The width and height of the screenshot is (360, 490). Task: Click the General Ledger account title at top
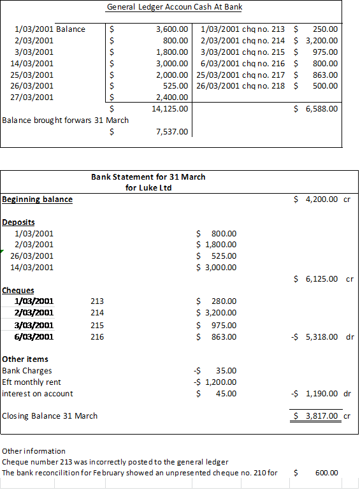(174, 7)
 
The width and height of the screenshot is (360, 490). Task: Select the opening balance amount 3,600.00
(172, 29)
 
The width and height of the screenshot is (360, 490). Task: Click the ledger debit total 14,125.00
(170, 109)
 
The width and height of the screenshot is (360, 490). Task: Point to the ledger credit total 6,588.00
(321, 109)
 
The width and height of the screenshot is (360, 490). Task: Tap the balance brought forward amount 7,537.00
(172, 132)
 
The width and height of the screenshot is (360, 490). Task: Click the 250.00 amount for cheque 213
(326, 29)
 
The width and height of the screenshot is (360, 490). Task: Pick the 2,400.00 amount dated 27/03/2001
(172, 97)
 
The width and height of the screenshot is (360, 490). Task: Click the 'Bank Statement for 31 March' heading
(148, 177)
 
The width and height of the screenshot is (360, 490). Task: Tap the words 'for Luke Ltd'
(148, 187)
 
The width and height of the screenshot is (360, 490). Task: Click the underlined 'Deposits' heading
(18, 222)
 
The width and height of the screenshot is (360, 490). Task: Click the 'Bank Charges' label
(27, 371)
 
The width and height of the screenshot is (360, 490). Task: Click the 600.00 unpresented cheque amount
(326, 473)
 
